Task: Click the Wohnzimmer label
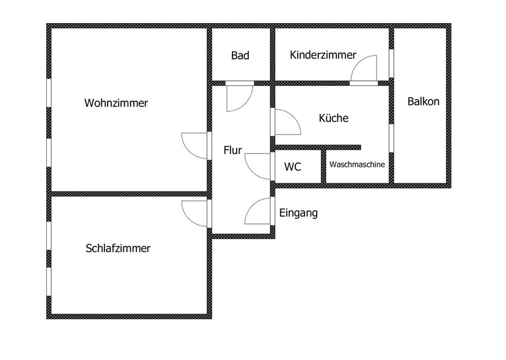coord(116,103)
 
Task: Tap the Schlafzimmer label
coord(118,248)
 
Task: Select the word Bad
coord(240,55)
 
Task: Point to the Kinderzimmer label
coord(323,55)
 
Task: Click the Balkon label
coord(423,101)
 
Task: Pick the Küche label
coord(334,118)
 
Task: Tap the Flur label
coord(232,150)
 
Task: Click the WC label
coord(293,167)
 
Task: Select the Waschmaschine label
coord(357,164)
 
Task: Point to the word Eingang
coord(298,213)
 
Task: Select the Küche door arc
coord(294,116)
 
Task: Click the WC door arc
coord(252,172)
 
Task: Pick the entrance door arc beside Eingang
coord(252,206)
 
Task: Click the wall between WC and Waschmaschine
coord(323,167)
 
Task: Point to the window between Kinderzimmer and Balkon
coord(392,63)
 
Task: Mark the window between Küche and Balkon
coord(392,138)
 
